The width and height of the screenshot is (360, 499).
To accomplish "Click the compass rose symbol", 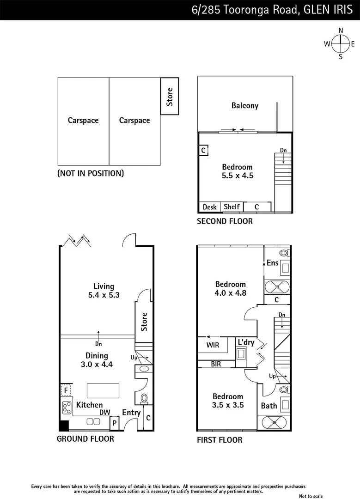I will pos(341,44).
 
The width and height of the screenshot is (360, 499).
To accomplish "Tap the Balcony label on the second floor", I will pos(245,106).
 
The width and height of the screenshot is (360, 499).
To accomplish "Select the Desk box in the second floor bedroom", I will pos(210,207).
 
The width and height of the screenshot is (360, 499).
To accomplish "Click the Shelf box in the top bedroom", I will pos(232,207).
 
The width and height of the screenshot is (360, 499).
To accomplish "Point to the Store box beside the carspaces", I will pos(170,97).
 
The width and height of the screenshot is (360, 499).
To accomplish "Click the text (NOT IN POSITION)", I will pos(91,174).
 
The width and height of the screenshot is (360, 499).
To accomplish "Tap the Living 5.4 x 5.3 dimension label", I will pos(104,291).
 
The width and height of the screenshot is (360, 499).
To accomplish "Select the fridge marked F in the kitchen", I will pos(66,390).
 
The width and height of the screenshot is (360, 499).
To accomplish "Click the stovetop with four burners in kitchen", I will pos(67,407).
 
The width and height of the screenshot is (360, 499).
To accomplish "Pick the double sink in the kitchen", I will pos(93,421).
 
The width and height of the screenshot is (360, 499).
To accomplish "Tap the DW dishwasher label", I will pos(104,413).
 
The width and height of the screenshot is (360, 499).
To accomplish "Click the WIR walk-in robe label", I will pos(213,345).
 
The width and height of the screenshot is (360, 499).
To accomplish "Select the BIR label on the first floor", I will pos(216,364).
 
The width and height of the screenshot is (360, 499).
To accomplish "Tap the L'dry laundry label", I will pos(245,343).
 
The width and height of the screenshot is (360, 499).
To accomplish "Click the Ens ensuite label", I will pos(273,263).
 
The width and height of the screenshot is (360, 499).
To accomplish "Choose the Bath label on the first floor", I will pos(269,406).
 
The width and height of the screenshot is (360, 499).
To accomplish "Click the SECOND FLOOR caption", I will pos(225,221).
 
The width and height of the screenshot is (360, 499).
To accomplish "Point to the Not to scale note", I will pos(311,496).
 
